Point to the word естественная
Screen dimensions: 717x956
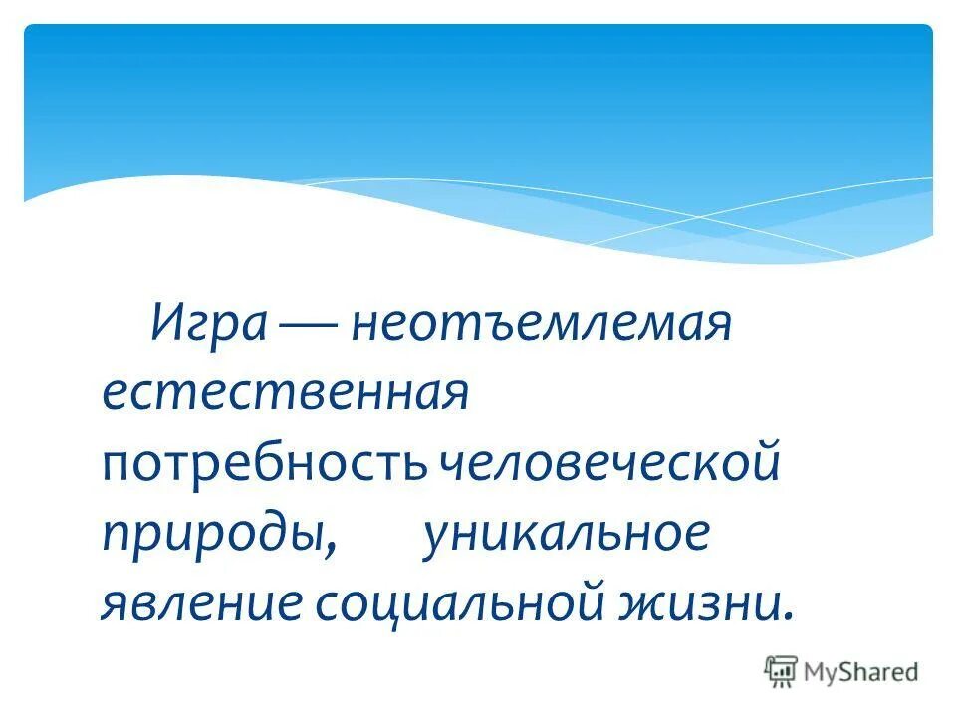tap(285, 395)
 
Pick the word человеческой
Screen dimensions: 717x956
tap(609, 466)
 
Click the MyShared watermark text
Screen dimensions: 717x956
tap(862, 672)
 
